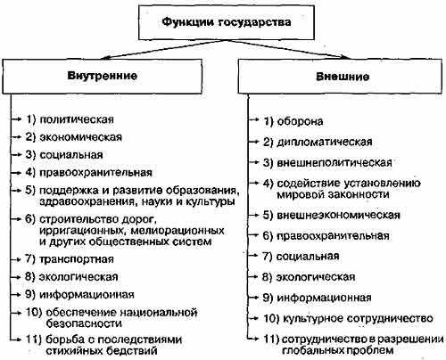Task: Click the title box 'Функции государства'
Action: [227, 22]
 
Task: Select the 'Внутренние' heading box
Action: [103, 77]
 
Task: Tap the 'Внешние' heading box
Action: [340, 77]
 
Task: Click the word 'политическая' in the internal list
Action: [77, 119]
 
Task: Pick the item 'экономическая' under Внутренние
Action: [81, 137]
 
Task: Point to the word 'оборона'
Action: [300, 121]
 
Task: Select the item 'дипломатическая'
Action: [325, 142]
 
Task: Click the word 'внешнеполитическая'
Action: [334, 163]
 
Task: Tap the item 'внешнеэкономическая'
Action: [338, 215]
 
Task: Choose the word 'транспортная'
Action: [77, 259]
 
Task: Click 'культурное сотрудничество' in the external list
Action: [358, 319]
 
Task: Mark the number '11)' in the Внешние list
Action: [271, 339]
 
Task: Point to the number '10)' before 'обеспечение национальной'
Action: [34, 313]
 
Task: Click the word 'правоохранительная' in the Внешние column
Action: [333, 236]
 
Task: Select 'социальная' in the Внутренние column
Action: [71, 155]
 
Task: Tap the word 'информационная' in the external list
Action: [324, 298]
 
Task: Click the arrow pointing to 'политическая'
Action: [17, 119]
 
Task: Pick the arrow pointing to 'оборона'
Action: [253, 119]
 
